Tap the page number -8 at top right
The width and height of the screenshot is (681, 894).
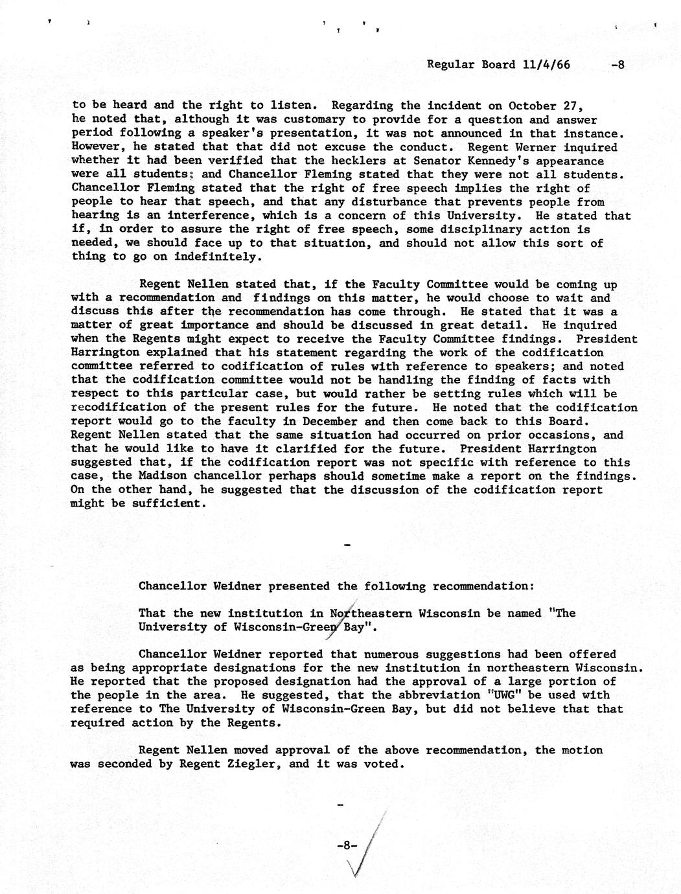tap(616, 64)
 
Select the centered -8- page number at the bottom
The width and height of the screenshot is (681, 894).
tap(347, 845)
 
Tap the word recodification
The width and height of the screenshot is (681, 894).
tap(117, 408)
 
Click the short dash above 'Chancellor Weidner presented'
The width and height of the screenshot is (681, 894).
tap(347, 545)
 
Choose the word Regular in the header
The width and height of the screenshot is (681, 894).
tap(450, 64)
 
